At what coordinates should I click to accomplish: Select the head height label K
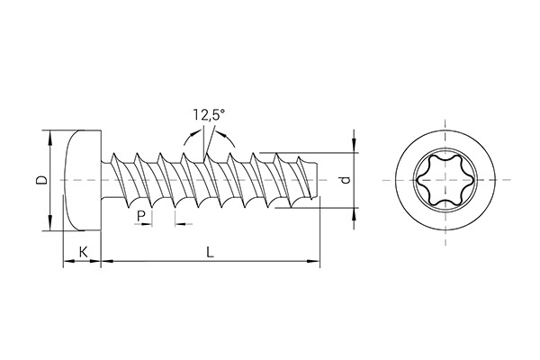pyautogui.click(x=83, y=252)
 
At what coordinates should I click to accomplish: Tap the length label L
pyautogui.click(x=209, y=252)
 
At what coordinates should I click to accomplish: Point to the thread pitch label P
pyautogui.click(x=140, y=216)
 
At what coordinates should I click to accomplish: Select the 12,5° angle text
pyautogui.click(x=208, y=114)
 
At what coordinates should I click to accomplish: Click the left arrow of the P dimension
pyautogui.click(x=148, y=223)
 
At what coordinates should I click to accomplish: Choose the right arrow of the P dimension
pyautogui.click(x=176, y=223)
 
